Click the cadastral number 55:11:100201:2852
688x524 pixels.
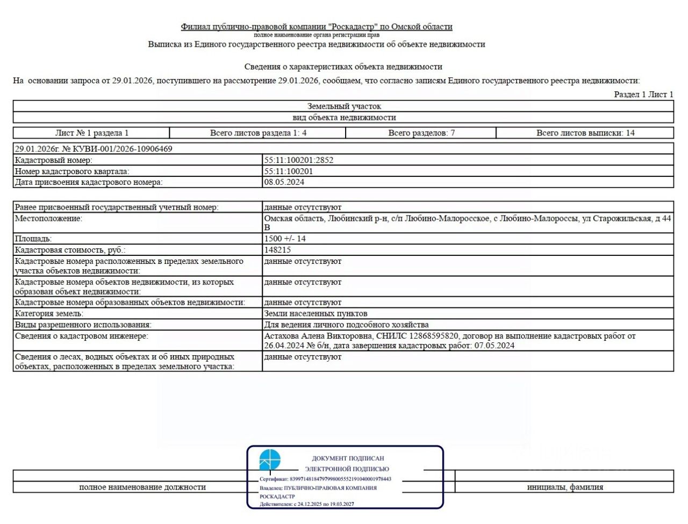298,160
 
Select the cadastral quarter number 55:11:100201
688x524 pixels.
289,171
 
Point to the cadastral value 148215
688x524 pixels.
277,250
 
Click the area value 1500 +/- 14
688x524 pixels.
285,239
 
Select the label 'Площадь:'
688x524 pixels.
33,239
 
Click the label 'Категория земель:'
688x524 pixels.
49,313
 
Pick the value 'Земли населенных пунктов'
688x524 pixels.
316,313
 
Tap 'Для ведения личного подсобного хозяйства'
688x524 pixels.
346,325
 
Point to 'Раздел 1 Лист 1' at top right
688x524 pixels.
643,95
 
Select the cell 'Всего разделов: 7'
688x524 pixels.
421,133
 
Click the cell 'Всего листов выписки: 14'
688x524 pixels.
585,133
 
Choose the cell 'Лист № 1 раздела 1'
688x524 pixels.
92,133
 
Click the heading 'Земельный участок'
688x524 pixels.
344,106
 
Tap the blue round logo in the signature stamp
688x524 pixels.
270,460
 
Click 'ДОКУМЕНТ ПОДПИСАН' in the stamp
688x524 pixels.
348,458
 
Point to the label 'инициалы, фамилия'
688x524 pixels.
565,487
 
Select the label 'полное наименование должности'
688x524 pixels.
142,487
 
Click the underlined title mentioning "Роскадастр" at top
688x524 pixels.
317,26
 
